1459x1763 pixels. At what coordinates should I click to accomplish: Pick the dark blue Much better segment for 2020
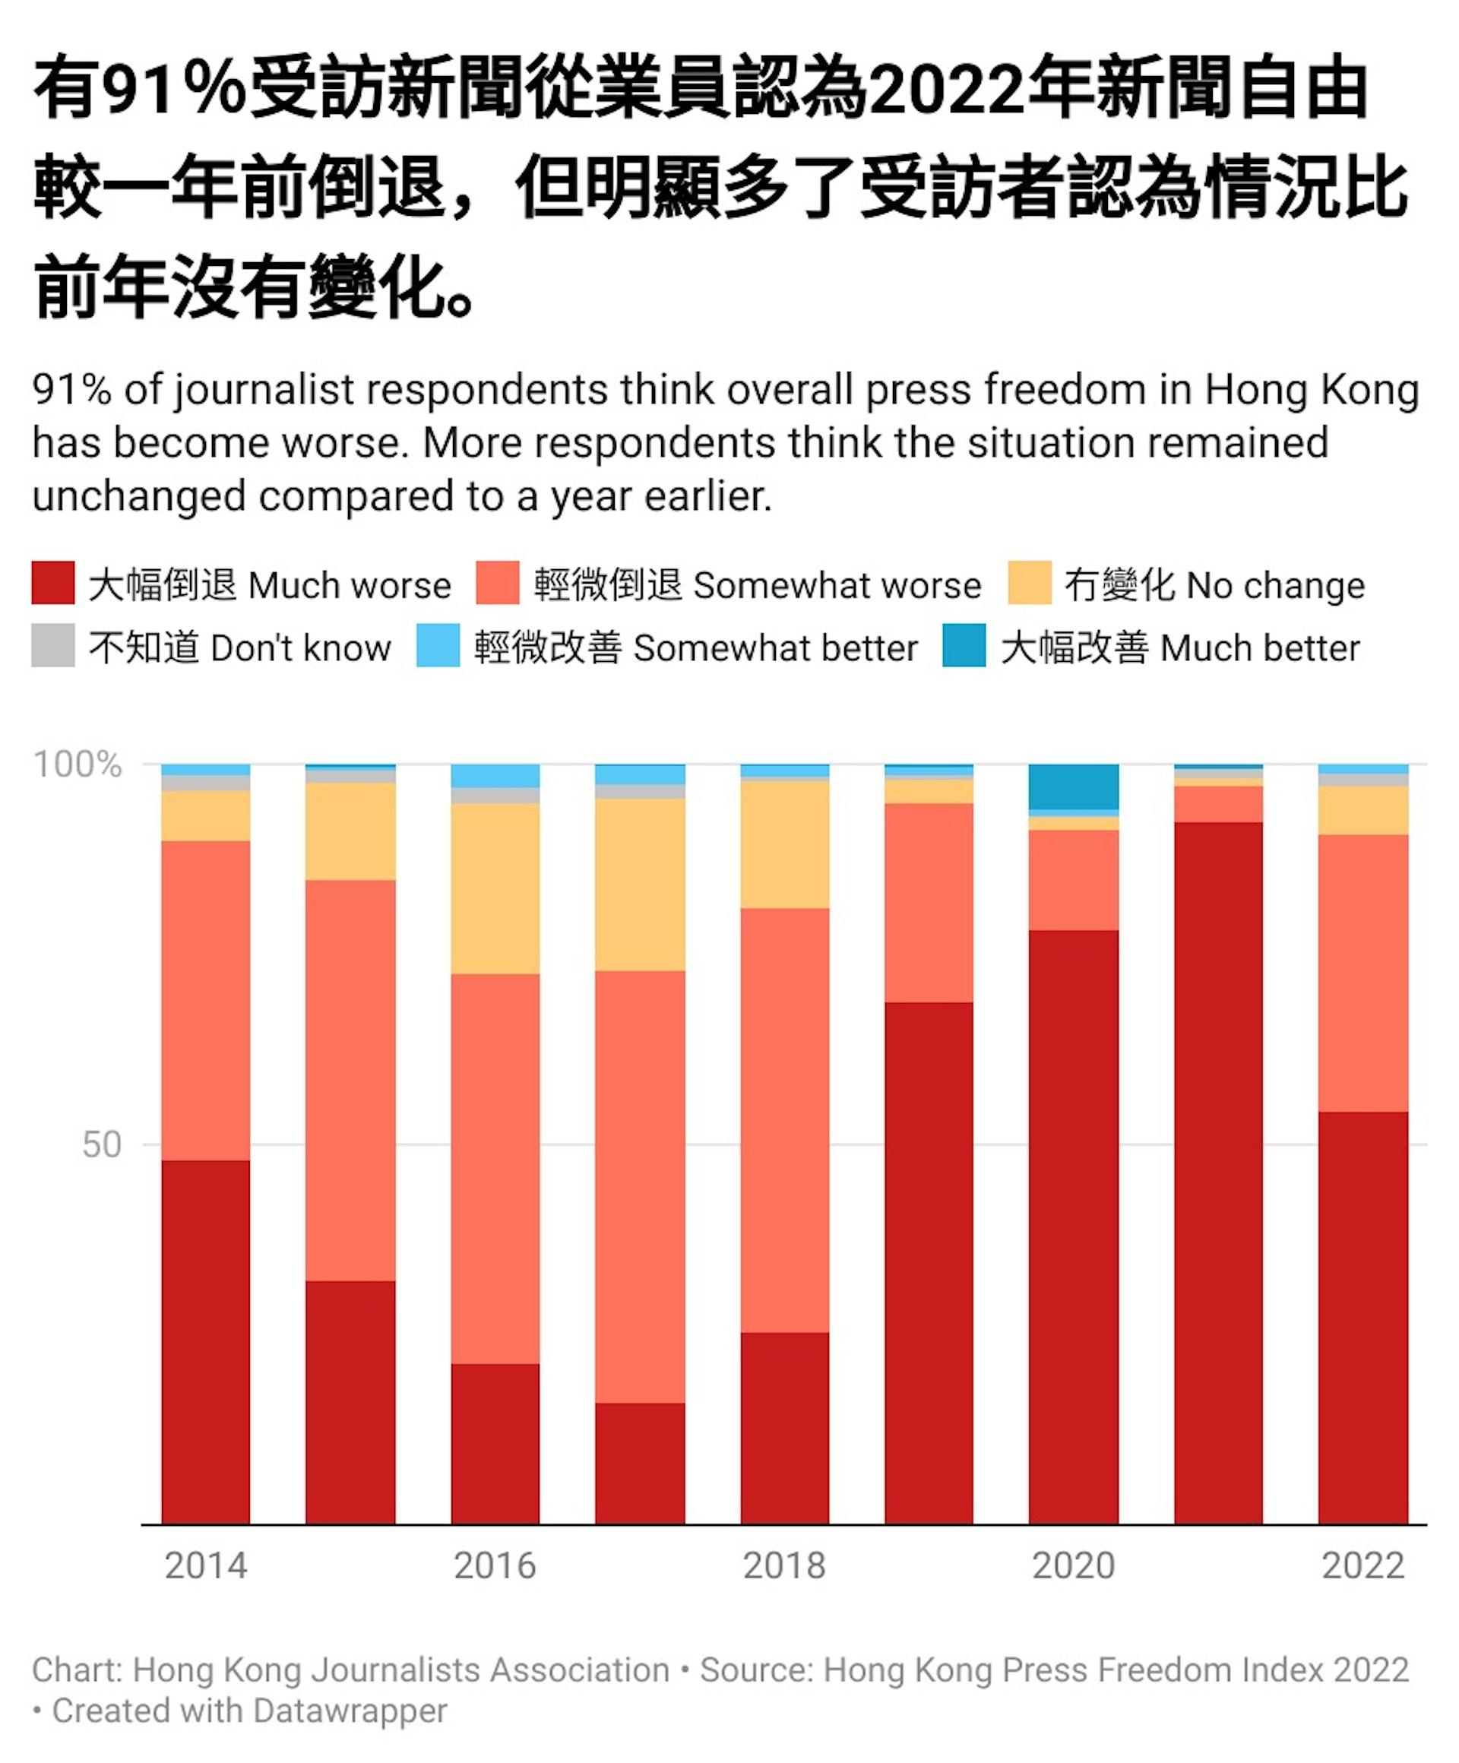pos(1074,787)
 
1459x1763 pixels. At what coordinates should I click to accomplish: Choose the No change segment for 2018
pos(785,844)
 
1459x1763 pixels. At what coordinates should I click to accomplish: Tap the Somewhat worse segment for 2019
pos(929,903)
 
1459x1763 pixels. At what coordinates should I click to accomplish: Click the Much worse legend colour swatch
pos(53,583)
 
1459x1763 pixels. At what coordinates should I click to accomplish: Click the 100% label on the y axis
pos(78,764)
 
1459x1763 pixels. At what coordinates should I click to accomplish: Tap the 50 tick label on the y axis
pos(102,1145)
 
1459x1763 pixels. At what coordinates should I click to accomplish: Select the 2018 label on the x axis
pos(785,1565)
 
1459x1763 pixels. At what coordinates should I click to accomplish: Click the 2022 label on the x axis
pos(1363,1565)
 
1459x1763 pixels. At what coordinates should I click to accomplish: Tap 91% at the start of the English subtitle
pos(72,391)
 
